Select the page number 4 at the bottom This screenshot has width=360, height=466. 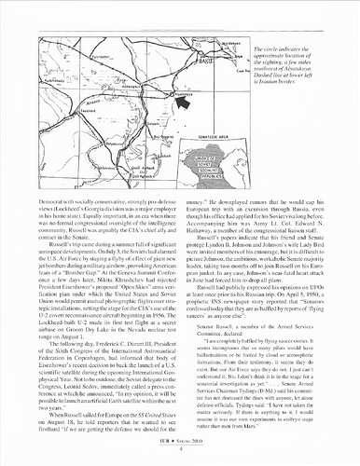tap(179, 454)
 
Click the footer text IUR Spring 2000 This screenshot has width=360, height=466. tap(180, 445)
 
